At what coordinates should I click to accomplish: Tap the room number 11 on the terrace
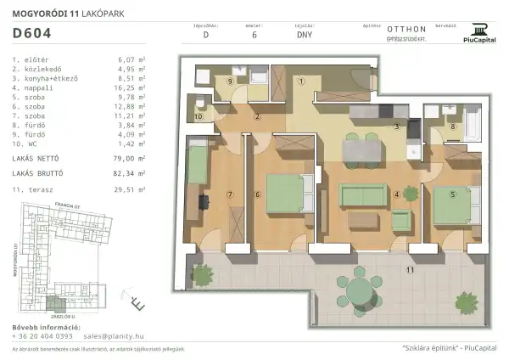410,270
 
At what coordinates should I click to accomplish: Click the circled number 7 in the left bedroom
229,194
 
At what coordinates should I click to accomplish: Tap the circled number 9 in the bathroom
230,81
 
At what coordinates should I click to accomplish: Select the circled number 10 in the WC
199,116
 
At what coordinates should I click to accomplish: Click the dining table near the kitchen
360,149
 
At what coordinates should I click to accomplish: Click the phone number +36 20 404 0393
42,336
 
